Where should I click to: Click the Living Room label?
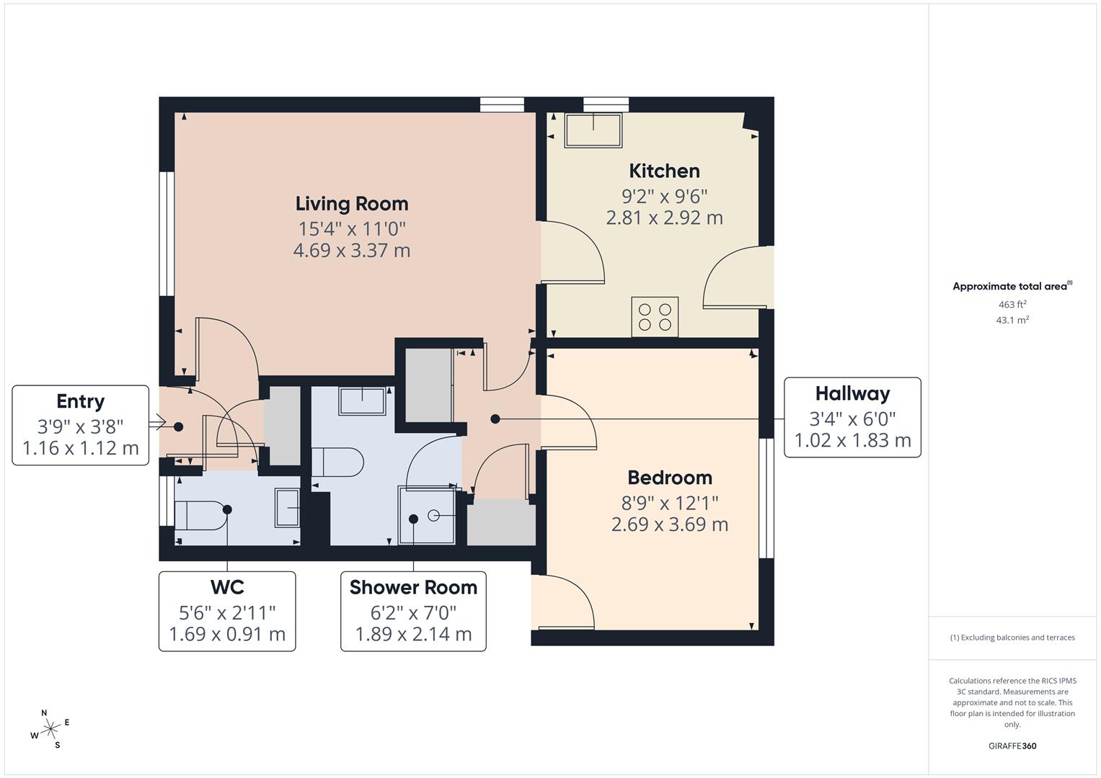(352, 204)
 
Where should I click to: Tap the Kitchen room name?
(664, 171)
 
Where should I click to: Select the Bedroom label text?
(670, 478)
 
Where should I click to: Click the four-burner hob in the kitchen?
(655, 317)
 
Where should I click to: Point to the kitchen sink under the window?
(593, 130)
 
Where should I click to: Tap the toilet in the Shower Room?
(337, 462)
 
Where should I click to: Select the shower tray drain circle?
(434, 515)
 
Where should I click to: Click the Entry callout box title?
(81, 401)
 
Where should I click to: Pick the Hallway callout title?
(852, 393)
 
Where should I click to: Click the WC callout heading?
(227, 587)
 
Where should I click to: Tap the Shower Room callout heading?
(413, 587)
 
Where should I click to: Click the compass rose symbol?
(50, 729)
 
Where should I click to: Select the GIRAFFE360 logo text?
(1012, 746)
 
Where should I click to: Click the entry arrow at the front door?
(157, 424)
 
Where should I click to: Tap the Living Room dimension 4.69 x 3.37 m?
(352, 251)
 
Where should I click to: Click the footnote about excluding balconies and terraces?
(1012, 638)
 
